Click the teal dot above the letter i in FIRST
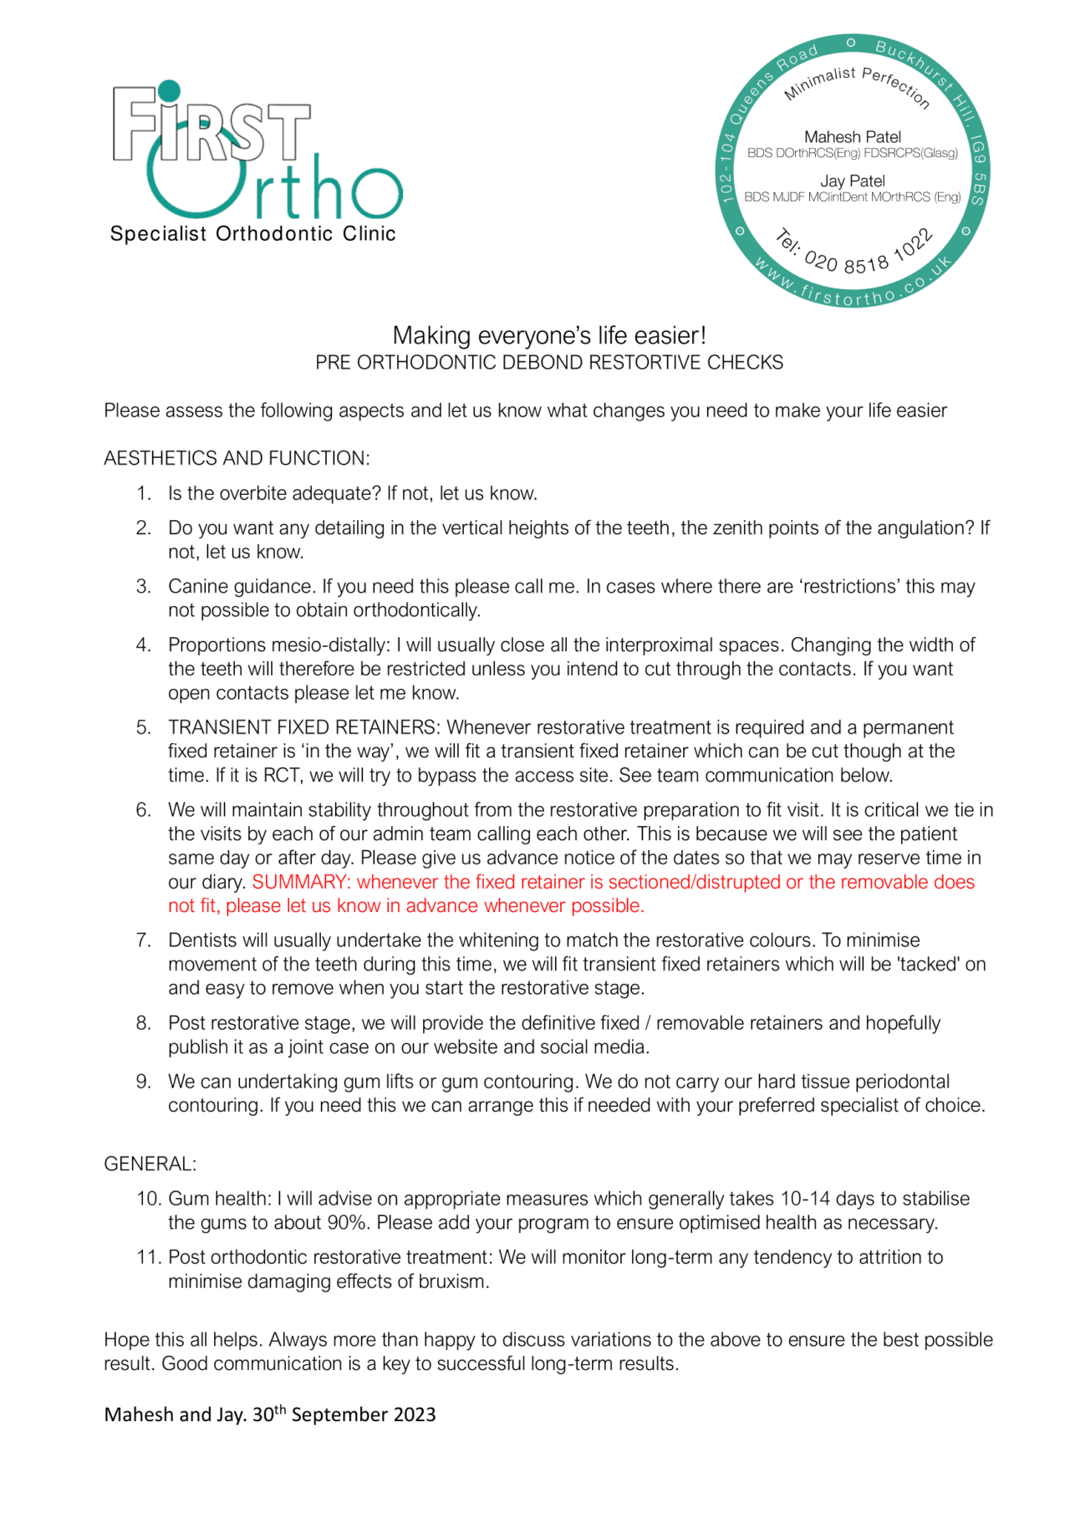click(169, 91)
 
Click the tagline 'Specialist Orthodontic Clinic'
click(252, 234)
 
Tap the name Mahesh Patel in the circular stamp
click(852, 137)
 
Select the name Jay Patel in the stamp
click(852, 181)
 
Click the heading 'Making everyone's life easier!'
click(549, 336)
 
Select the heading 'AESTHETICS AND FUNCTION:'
click(237, 458)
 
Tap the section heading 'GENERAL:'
click(150, 1164)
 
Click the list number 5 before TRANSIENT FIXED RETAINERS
click(144, 727)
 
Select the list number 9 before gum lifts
click(144, 1082)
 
